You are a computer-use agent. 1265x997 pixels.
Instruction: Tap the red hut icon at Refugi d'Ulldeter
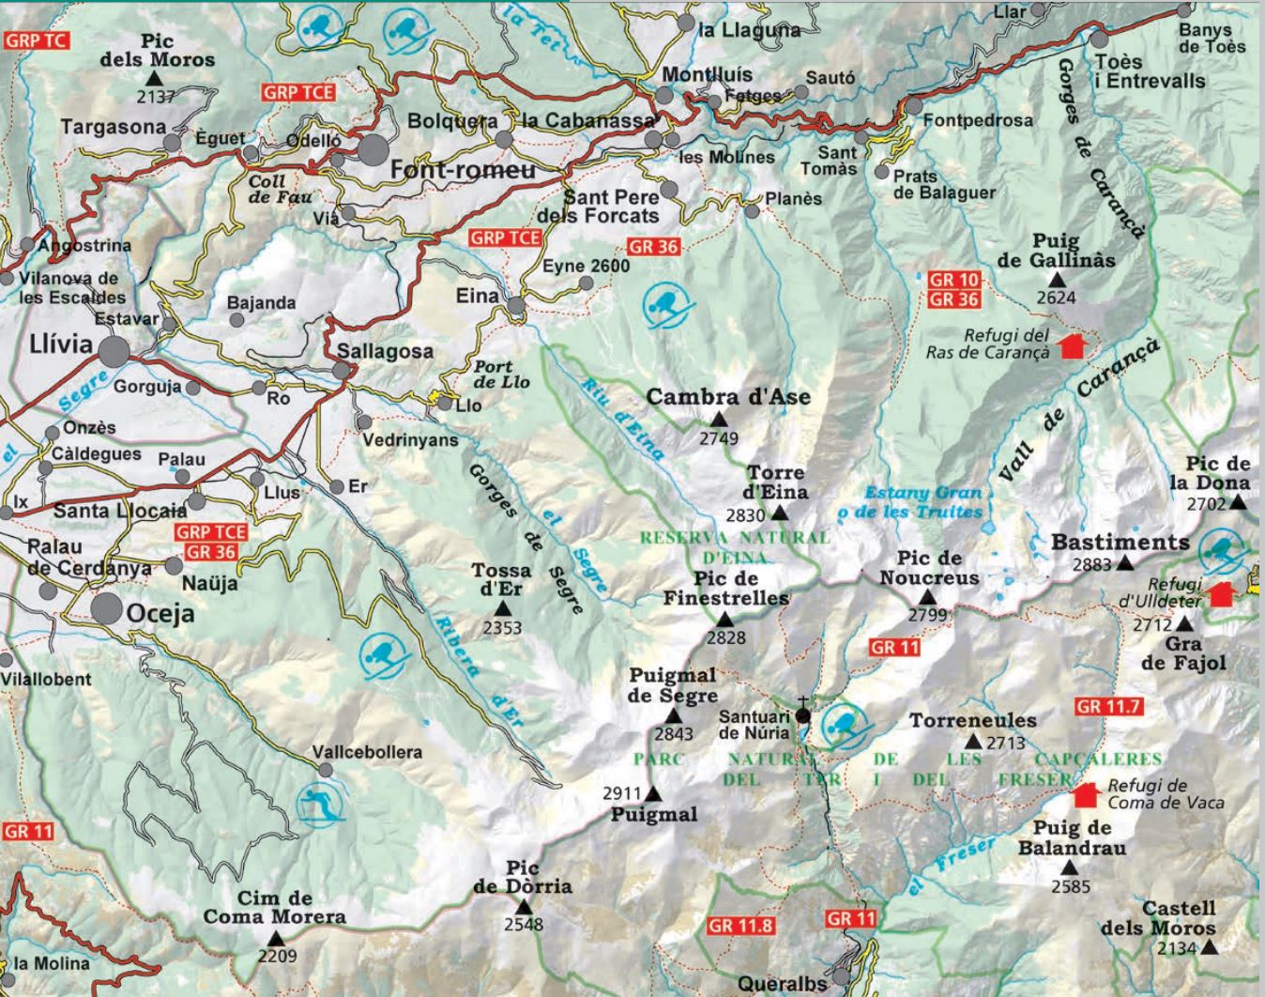(1220, 593)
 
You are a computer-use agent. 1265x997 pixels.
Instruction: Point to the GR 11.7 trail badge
(1109, 706)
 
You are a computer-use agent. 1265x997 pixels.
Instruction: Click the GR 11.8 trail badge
(741, 925)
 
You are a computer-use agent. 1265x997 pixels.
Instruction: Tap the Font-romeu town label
(462, 170)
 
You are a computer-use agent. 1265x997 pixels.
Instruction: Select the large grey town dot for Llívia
(114, 352)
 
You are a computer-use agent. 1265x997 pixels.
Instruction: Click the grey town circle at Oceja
(107, 608)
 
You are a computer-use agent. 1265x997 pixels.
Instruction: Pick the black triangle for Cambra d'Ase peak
(720, 419)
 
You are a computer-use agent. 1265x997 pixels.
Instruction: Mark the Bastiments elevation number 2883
(1092, 565)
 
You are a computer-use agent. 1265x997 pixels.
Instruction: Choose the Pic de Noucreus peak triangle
(927, 597)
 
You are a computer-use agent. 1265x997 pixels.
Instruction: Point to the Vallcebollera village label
(367, 752)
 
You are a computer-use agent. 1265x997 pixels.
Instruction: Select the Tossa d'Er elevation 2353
(502, 628)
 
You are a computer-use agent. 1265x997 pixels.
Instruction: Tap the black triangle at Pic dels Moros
(156, 81)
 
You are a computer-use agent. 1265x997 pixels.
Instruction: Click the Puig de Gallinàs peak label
(1058, 251)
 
